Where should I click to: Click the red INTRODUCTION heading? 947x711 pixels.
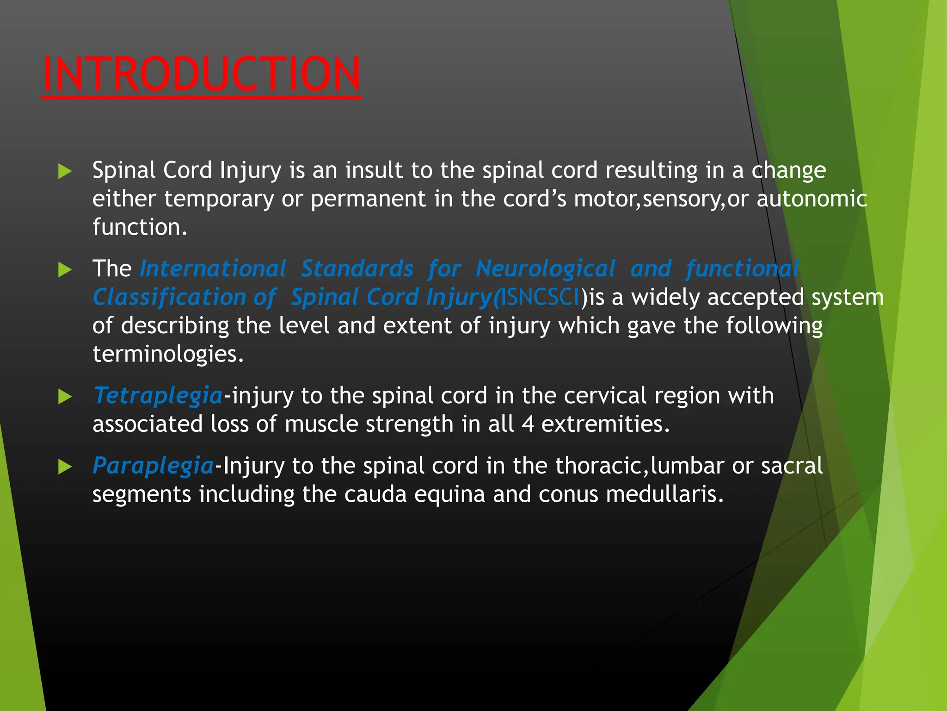201,74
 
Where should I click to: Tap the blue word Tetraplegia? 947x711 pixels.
158,396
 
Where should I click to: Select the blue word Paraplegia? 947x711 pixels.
153,466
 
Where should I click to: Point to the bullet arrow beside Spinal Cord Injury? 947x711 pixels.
65,172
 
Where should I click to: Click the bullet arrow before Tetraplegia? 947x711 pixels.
65,397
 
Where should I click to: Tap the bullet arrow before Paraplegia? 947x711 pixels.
65,467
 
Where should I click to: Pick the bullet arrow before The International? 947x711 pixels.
65,269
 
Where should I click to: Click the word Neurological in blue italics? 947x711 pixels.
546,269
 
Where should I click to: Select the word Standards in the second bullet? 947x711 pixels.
357,269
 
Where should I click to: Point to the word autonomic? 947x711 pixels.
812,199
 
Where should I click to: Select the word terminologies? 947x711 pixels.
167,355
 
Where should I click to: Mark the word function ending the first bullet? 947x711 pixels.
139,227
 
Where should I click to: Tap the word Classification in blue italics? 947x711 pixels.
169,297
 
